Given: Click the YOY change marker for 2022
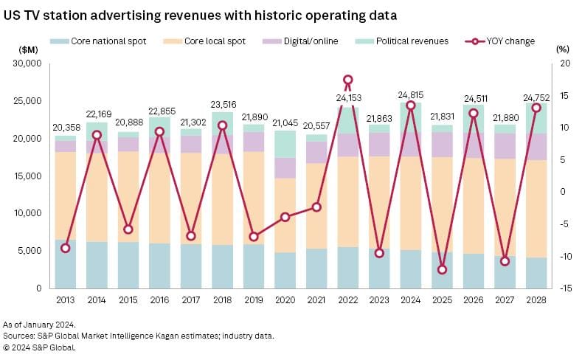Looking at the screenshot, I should [x=348, y=80].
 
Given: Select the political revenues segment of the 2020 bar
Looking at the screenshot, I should [x=285, y=144].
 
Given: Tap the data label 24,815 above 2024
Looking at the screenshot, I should [x=411, y=94].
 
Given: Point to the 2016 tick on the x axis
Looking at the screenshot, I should [x=159, y=301].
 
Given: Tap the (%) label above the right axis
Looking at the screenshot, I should [x=561, y=48].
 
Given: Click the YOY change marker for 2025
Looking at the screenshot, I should [x=442, y=269].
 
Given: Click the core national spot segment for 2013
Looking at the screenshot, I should [x=65, y=263].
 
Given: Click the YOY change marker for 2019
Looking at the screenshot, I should [x=254, y=236].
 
